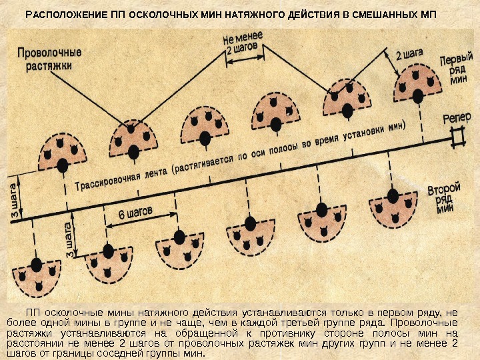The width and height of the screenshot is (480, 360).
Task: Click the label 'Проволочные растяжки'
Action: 49,59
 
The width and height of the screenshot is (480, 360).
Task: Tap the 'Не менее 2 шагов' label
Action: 243,41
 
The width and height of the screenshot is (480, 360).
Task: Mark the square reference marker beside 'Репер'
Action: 457,138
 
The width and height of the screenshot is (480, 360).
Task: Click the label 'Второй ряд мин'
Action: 443,198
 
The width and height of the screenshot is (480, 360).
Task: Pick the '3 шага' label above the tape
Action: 13,197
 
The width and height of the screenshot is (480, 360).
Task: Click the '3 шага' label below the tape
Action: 67,237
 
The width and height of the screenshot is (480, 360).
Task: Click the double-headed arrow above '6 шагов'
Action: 137,223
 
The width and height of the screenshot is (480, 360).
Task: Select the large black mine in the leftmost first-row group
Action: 63,165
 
